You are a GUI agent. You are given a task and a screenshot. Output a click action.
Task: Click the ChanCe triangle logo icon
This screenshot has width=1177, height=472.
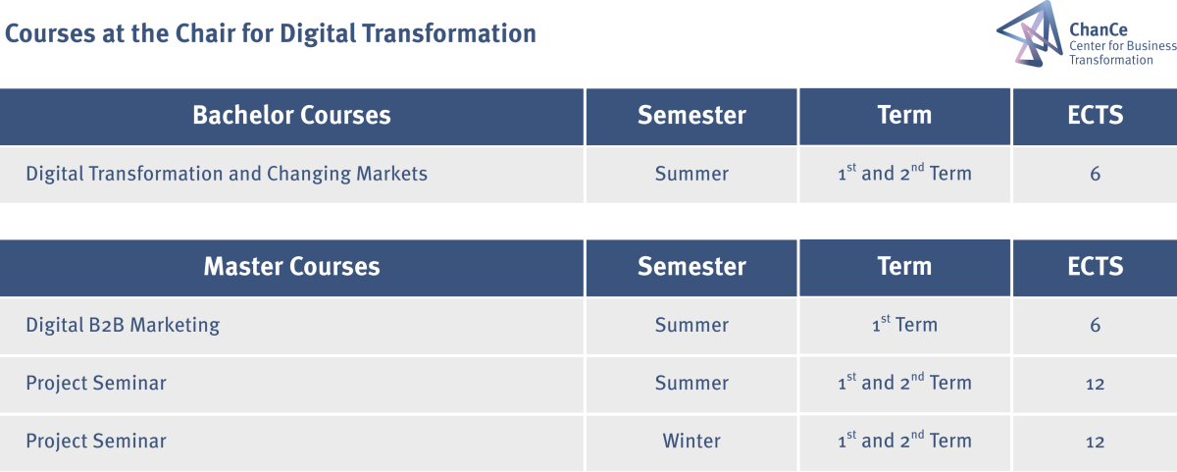click(1030, 33)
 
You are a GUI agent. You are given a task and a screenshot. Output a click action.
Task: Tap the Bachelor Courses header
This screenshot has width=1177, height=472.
click(291, 115)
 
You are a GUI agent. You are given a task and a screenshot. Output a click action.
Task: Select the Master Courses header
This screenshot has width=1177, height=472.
click(291, 267)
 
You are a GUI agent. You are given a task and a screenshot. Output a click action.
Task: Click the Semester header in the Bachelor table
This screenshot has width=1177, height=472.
click(691, 115)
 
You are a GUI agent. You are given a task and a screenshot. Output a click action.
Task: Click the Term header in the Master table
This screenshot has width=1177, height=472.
click(904, 267)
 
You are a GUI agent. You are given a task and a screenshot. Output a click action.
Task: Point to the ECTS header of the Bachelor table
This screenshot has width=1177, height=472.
click(1095, 115)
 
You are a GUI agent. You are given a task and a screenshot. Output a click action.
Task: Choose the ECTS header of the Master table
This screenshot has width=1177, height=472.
click(1095, 267)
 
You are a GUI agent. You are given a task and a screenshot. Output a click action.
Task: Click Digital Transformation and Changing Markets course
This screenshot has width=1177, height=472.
click(227, 174)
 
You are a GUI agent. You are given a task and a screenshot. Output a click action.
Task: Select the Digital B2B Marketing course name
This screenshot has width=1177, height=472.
click(123, 326)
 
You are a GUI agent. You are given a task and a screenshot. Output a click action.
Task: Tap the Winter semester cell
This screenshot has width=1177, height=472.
click(691, 441)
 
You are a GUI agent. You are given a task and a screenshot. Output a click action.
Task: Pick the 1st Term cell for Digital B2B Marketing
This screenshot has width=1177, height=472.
click(904, 324)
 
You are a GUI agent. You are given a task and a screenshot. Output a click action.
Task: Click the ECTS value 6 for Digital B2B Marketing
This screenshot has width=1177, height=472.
click(1095, 326)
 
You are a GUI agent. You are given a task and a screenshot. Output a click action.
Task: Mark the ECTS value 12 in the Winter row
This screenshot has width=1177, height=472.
click(1095, 442)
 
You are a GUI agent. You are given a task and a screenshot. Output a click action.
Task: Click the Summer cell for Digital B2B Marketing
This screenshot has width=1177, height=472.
click(691, 326)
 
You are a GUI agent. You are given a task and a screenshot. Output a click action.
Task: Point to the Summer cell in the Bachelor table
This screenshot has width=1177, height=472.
click(691, 174)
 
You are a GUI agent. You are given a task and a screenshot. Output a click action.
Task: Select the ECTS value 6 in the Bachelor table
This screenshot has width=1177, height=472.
click(1095, 174)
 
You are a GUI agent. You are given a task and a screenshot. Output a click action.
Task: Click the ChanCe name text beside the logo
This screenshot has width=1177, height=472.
click(1099, 29)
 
